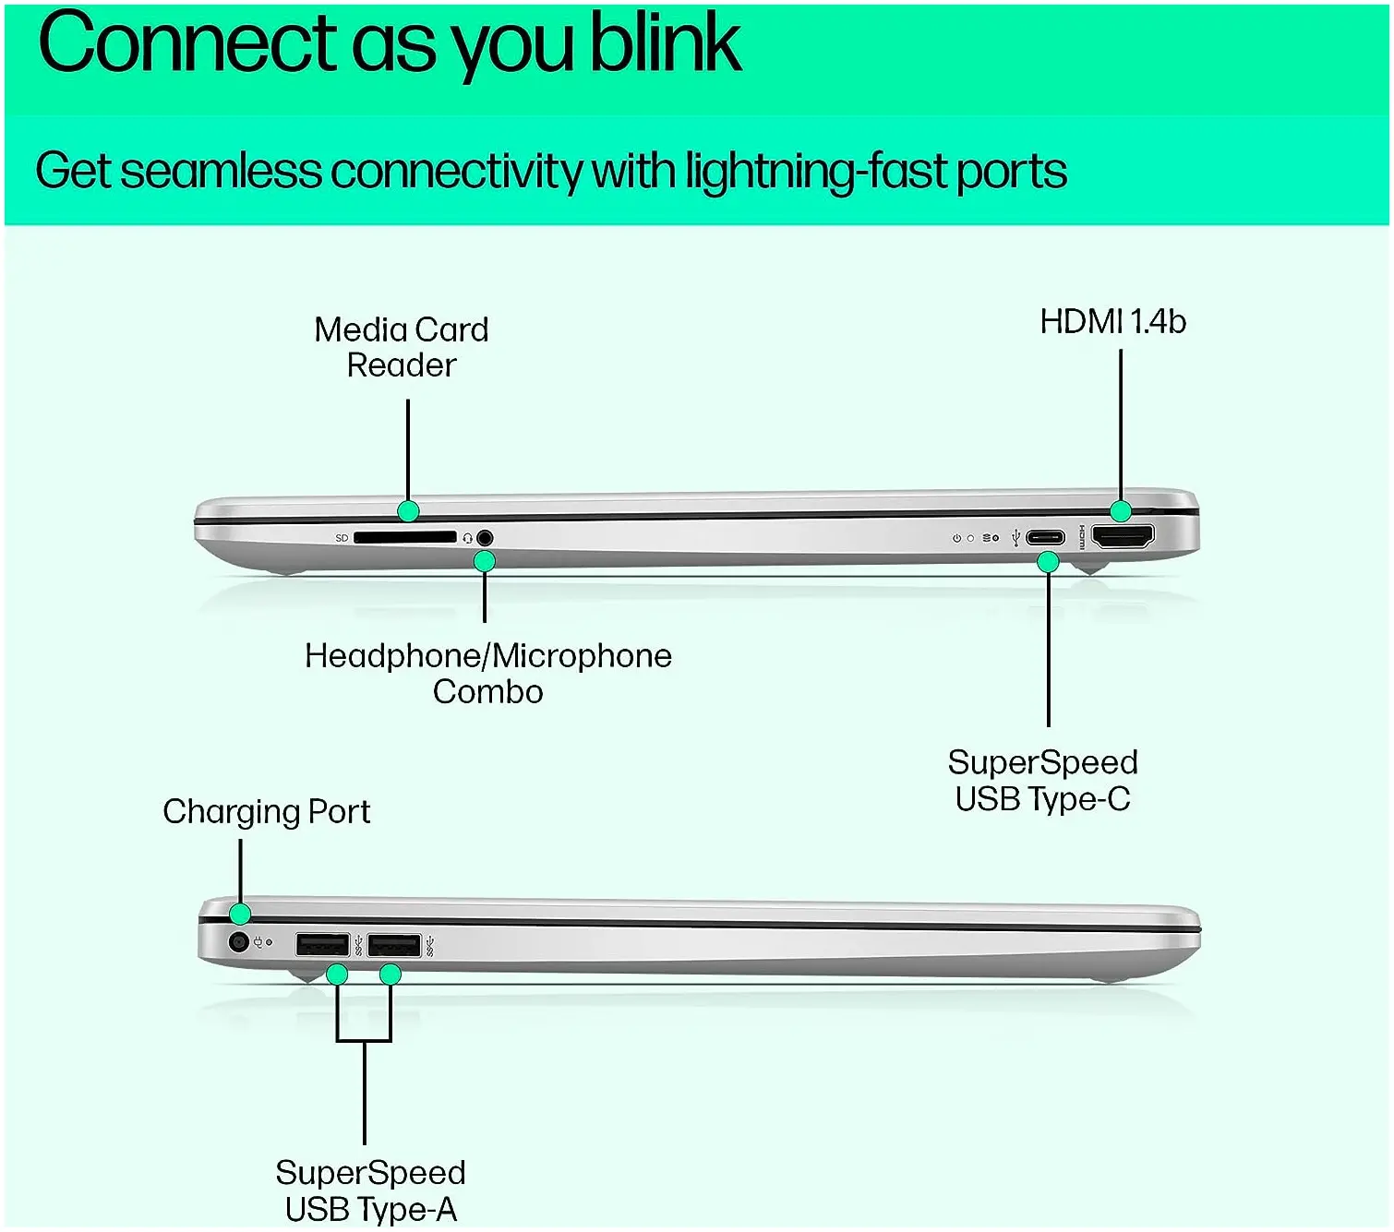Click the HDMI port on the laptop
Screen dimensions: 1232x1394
(x=1123, y=536)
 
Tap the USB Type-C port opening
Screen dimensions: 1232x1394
(x=1045, y=537)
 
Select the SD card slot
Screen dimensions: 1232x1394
(x=404, y=537)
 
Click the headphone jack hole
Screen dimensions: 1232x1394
(x=485, y=538)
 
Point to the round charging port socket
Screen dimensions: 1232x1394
(x=239, y=942)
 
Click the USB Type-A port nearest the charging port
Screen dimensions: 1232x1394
(x=322, y=945)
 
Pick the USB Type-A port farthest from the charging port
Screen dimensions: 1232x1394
(x=394, y=946)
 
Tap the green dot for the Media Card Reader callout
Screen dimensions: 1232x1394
(x=408, y=510)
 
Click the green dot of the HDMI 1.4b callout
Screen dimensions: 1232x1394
(x=1121, y=510)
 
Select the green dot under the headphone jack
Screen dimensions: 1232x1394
(x=485, y=561)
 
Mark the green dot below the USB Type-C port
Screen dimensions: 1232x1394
(x=1049, y=561)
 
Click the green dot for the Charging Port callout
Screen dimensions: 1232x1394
(x=240, y=914)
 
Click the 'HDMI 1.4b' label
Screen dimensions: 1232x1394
(x=1112, y=322)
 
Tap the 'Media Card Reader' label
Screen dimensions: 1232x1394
(x=402, y=347)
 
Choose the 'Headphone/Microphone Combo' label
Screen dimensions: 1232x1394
(x=488, y=674)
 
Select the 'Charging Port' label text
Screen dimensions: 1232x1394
(x=267, y=812)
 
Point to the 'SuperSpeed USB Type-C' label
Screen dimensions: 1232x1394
(x=1042, y=781)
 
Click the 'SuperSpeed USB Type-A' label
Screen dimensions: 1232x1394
(x=370, y=1190)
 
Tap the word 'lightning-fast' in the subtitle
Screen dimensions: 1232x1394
(x=815, y=172)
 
